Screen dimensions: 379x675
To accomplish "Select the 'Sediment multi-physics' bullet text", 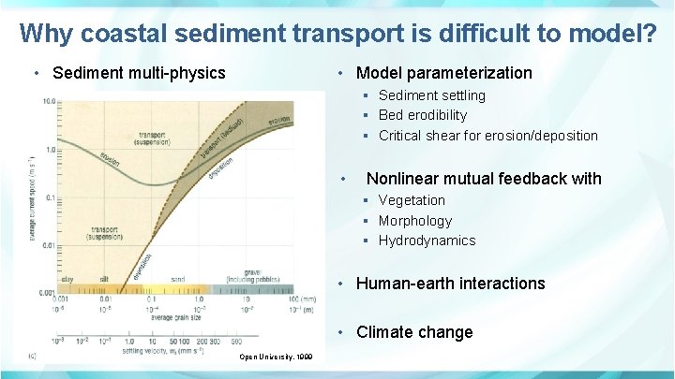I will (x=139, y=73).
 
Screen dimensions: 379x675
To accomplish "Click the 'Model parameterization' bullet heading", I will (x=443, y=73).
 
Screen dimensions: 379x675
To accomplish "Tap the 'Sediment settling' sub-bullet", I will (x=431, y=95).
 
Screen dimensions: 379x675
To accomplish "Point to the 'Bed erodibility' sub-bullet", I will (x=422, y=115).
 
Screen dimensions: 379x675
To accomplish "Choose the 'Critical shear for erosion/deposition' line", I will (x=487, y=136).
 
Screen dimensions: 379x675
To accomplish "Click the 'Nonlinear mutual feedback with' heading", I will (x=483, y=179).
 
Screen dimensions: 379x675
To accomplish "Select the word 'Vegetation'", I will (x=412, y=200).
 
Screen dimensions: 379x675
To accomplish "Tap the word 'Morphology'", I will (x=414, y=221).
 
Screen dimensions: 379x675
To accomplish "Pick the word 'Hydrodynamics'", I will (x=427, y=241).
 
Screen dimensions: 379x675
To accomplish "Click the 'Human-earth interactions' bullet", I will (x=450, y=284).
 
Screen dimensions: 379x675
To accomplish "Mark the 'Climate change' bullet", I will (x=414, y=332).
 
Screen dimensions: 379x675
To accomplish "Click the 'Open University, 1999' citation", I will (x=277, y=357).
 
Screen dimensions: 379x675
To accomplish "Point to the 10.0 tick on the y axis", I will (x=47, y=101).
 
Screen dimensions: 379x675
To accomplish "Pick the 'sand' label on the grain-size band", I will (x=177, y=279).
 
